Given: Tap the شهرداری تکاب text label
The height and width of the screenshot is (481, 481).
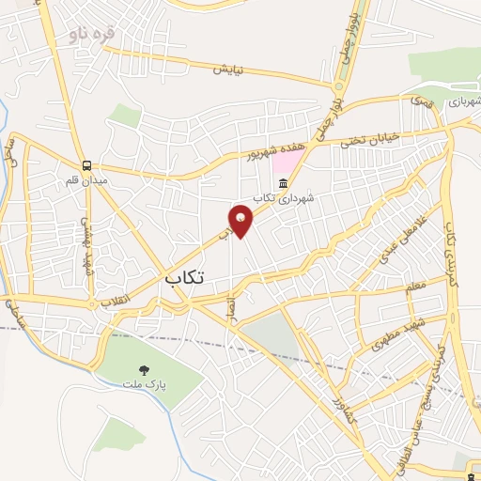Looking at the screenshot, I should (x=297, y=198).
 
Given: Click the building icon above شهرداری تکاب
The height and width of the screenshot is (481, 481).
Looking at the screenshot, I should (x=283, y=182).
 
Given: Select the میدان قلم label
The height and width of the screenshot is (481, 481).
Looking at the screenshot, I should (x=86, y=178).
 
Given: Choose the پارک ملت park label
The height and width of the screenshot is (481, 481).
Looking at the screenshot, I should (x=144, y=385).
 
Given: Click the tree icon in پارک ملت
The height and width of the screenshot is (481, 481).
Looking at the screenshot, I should (x=144, y=370).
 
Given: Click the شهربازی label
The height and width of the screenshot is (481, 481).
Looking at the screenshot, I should (x=463, y=101).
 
